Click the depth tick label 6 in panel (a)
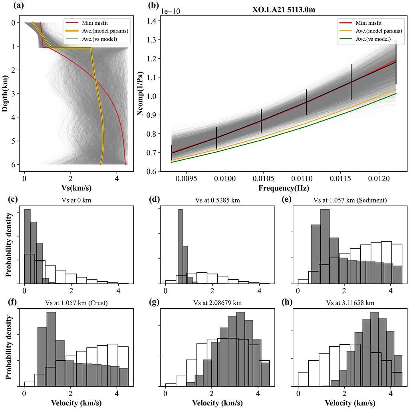coord(13,164)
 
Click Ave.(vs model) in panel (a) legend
coord(102,39)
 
